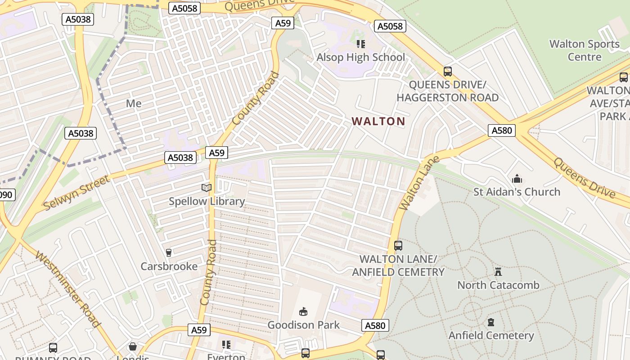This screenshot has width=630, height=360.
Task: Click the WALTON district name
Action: [378, 121]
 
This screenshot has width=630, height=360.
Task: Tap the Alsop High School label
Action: [360, 57]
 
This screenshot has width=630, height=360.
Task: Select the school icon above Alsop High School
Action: [360, 44]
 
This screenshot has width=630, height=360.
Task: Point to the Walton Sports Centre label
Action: [585, 50]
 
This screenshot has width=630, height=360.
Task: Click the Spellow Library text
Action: [207, 201]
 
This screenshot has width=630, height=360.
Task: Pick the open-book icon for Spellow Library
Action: [207, 188]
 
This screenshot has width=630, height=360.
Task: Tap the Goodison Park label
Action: [304, 325]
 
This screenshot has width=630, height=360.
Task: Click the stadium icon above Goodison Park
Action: [304, 311]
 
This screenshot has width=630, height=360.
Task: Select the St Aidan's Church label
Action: [517, 192]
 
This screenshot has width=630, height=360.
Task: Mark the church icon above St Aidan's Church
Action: [517, 179]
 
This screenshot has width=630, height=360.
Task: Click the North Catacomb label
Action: [498, 285]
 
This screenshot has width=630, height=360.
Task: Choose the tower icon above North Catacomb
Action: [498, 272]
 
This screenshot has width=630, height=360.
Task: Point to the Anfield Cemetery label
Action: [491, 335]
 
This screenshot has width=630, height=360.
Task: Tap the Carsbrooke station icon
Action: [169, 253]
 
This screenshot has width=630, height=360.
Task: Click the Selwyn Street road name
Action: [77, 193]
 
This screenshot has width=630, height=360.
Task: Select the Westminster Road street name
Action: [67, 289]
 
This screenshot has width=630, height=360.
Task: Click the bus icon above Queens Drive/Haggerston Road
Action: [448, 71]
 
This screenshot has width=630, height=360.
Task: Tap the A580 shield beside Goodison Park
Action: [375, 325]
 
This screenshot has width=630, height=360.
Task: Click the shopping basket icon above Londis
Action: [133, 346]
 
